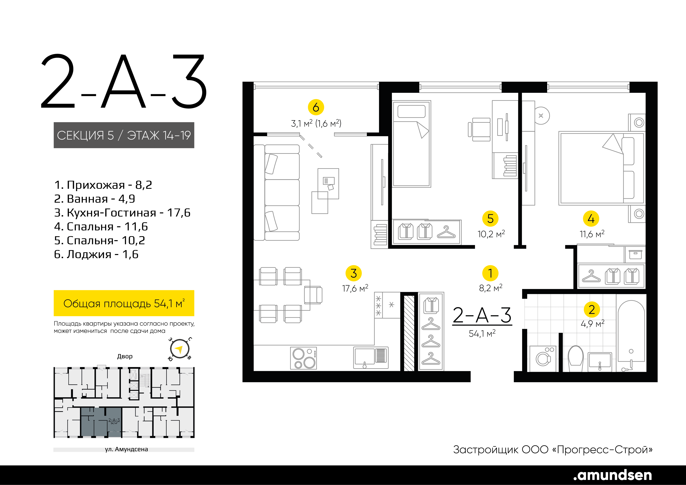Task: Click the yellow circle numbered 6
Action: (316, 107)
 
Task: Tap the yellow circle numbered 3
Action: (353, 273)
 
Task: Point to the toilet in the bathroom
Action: (576, 358)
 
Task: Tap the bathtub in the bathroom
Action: (631, 336)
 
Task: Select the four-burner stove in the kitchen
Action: (303, 358)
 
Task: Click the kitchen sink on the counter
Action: (371, 357)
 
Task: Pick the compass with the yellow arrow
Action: (180, 349)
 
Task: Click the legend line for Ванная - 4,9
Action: (94, 199)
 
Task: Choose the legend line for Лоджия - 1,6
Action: (96, 254)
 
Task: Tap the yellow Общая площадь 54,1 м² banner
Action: (124, 303)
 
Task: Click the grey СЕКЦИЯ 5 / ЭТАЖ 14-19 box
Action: (124, 135)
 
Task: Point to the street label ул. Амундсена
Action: (126, 449)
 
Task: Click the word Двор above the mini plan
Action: (125, 356)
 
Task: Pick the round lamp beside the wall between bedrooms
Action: (541, 115)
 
